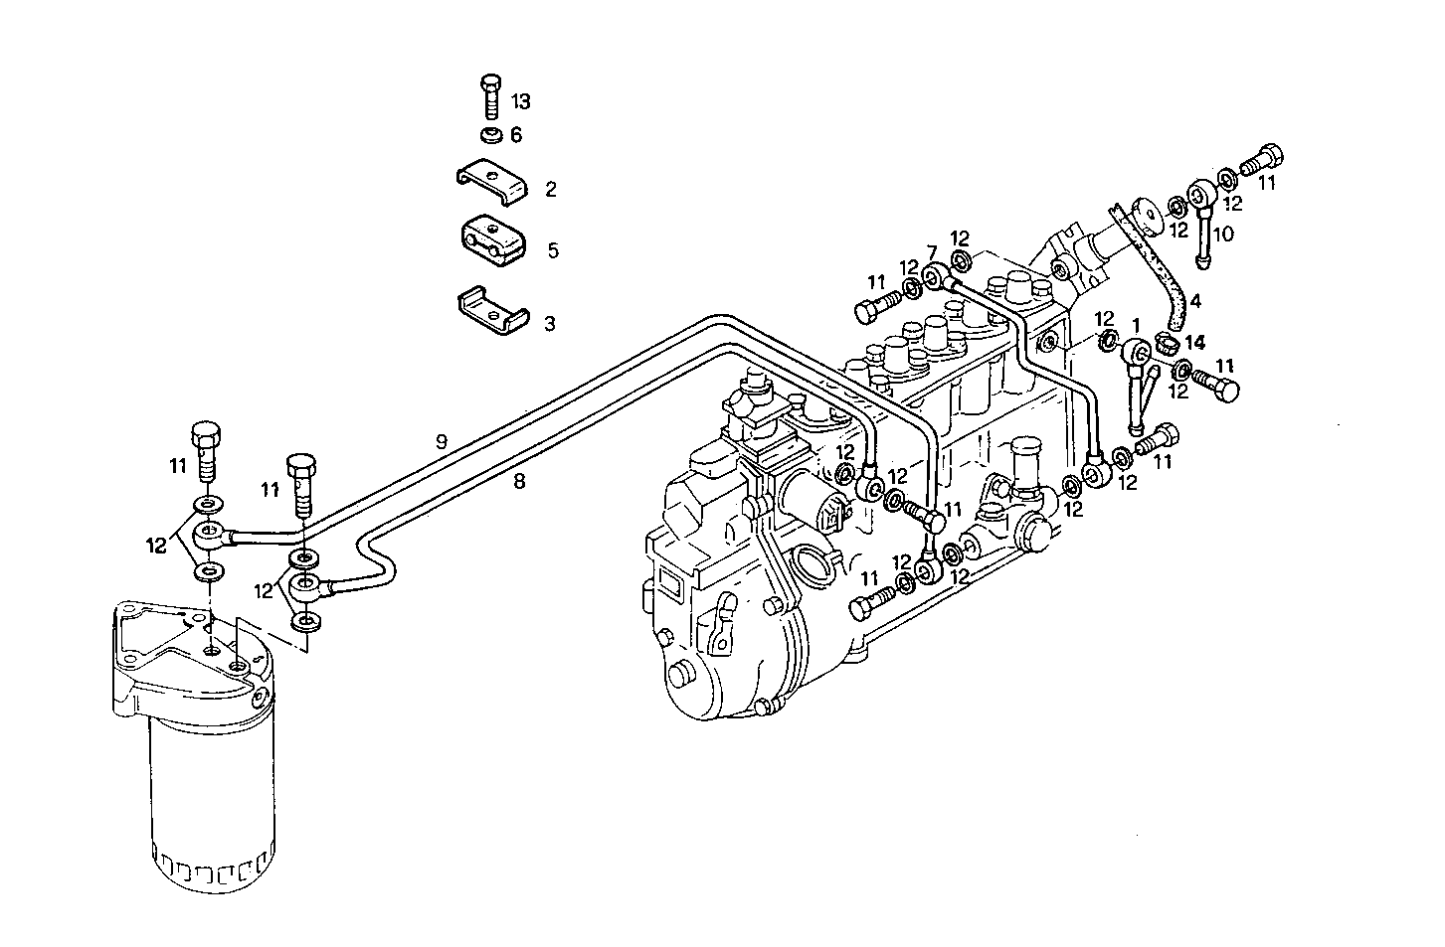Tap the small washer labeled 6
tap(490, 134)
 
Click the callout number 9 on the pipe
tap(442, 441)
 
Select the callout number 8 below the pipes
tap(518, 482)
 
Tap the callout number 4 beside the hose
tap(1194, 300)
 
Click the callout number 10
tap(1223, 234)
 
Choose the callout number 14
tap(1194, 342)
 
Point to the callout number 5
tap(553, 250)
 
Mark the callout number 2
tap(550, 189)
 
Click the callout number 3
tap(549, 324)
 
